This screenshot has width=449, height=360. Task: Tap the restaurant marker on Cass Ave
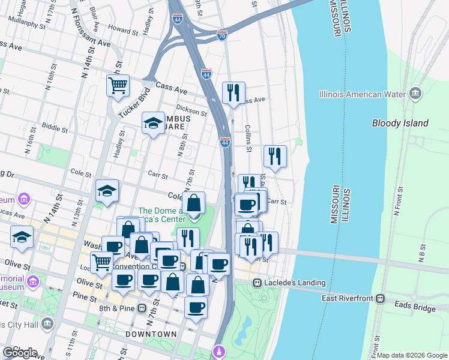pos(234,92)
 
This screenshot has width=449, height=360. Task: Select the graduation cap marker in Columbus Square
pos(154,123)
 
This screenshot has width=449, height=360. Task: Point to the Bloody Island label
pos(400,123)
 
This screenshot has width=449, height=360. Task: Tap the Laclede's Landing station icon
pos(257,283)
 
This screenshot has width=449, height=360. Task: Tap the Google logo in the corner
pos(20,352)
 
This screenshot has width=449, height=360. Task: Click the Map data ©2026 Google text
pos(412,355)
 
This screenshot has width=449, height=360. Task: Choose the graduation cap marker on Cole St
pos(107,191)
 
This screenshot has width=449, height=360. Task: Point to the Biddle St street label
pos(55,127)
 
